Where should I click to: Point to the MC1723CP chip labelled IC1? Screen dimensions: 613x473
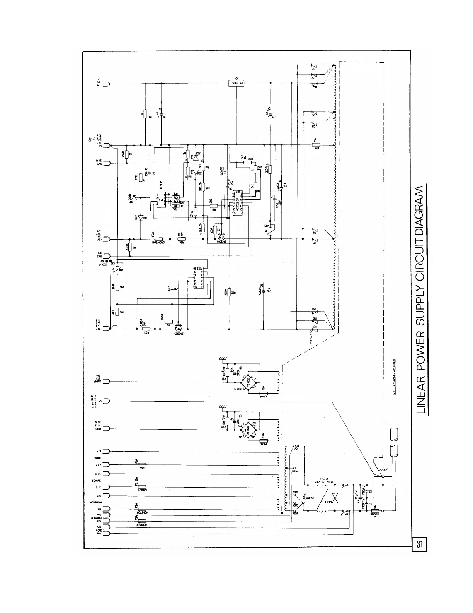237,202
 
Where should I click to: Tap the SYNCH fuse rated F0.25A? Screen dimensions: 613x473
141,487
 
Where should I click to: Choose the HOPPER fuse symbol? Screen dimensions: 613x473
141,521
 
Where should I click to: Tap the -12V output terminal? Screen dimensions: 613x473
106,84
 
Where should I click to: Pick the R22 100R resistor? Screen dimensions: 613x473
229,292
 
